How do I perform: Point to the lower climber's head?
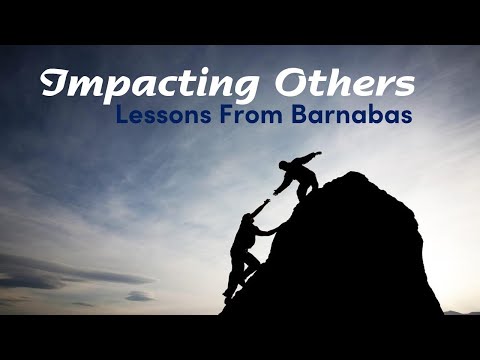pyautogui.click(x=250, y=222)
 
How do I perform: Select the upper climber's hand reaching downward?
pyautogui.click(x=276, y=194)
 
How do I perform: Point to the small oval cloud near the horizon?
pyautogui.click(x=139, y=296)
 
